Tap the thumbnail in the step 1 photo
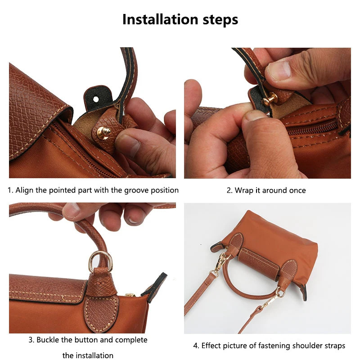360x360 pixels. pos(130,145)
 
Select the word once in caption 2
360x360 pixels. pos(297,190)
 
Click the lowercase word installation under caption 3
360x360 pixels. pos(88,355)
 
